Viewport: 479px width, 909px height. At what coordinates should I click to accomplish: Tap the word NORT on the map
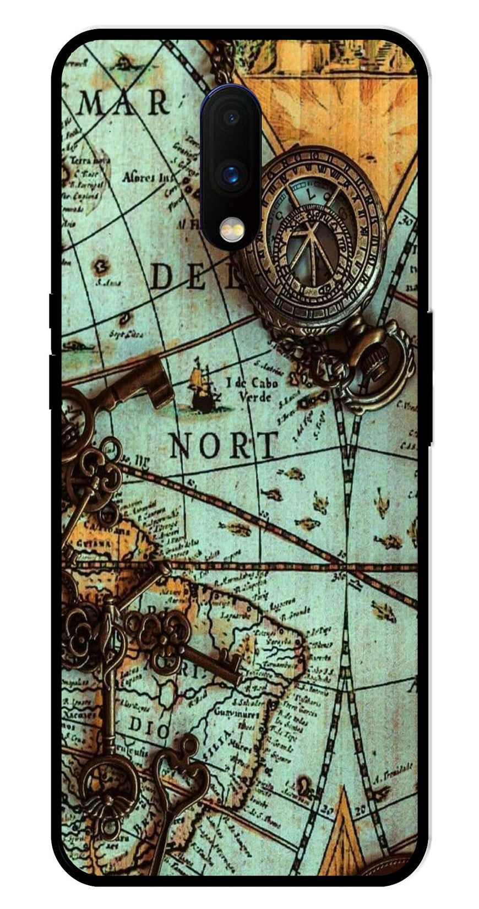click(x=224, y=445)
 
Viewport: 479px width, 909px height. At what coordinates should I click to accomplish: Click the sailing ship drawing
click(x=202, y=391)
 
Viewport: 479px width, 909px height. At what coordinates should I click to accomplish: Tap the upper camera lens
click(x=231, y=117)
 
